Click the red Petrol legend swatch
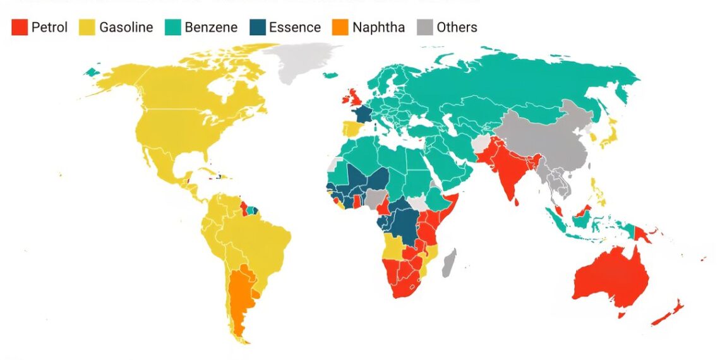click(x=20, y=27)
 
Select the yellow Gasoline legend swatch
click(x=87, y=27)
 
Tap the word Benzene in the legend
click(x=211, y=27)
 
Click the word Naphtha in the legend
click(x=379, y=27)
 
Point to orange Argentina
click(x=240, y=297)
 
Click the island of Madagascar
click(x=449, y=263)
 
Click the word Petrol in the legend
click(x=49, y=27)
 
